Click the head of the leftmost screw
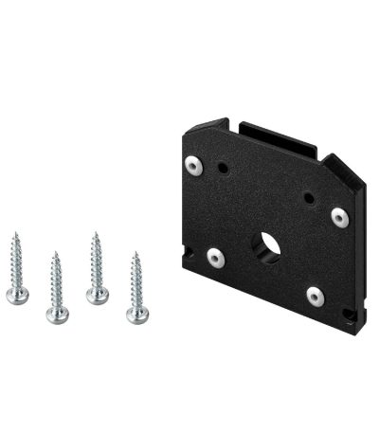[16, 296]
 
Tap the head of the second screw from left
[56, 314]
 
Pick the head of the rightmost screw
[136, 314]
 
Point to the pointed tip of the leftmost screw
[15, 232]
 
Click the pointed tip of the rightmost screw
[135, 252]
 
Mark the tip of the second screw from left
[54, 252]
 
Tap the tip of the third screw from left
[95, 232]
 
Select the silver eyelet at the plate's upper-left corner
[195, 167]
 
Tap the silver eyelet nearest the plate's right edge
[339, 217]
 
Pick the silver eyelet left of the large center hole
[215, 256]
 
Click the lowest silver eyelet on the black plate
[316, 297]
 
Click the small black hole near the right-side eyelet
[309, 199]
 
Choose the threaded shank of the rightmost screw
[135, 280]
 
